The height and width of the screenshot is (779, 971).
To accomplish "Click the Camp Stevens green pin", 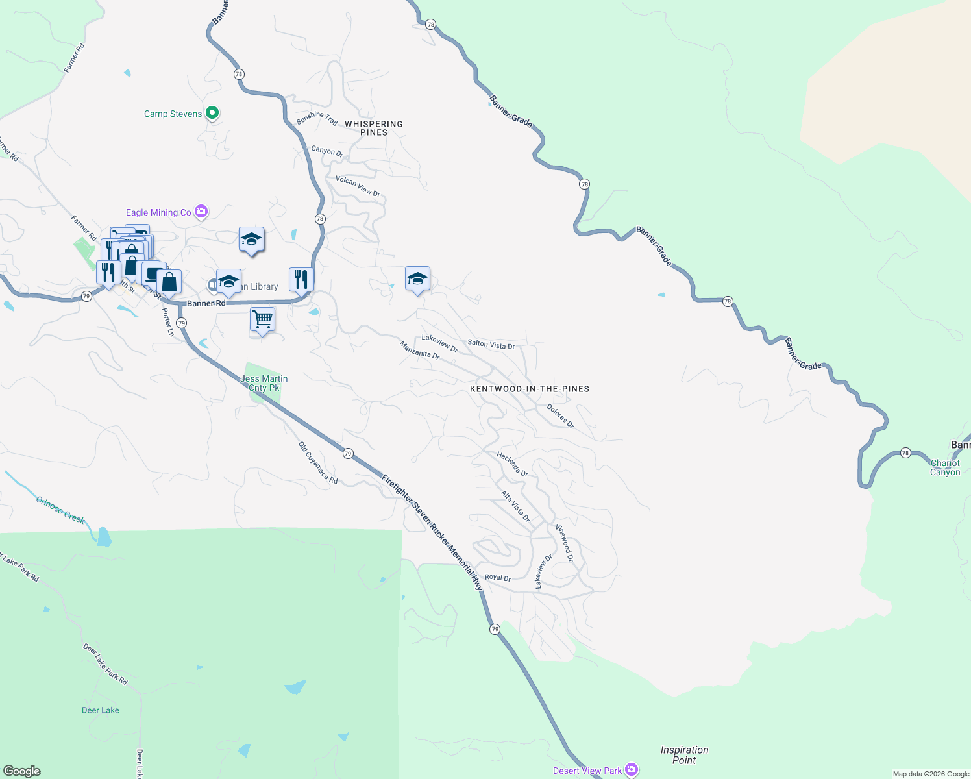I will (x=212, y=113).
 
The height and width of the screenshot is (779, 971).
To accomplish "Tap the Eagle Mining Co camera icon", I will (x=201, y=211).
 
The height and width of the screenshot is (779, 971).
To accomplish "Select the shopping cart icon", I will (x=262, y=319).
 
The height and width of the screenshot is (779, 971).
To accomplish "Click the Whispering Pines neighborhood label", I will (x=374, y=128).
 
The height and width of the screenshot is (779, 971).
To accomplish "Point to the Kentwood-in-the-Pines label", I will (x=530, y=389).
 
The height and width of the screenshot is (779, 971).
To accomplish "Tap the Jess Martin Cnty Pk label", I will (x=264, y=383).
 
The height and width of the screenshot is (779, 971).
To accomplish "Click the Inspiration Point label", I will (x=684, y=755).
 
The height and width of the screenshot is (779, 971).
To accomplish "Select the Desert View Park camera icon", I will (x=631, y=770).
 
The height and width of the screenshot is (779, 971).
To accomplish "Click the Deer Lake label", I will (x=101, y=710).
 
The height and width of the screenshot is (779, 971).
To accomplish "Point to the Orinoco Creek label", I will (x=60, y=510).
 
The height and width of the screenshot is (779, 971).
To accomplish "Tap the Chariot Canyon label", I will (x=945, y=467).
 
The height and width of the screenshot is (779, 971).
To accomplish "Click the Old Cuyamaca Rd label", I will (x=318, y=462).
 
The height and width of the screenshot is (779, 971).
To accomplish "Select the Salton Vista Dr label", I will (x=491, y=345).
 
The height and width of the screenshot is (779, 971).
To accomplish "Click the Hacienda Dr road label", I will (x=512, y=464).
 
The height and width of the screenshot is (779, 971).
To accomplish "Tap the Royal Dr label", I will (x=498, y=578).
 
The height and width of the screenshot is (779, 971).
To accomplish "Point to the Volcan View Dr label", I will (x=358, y=186).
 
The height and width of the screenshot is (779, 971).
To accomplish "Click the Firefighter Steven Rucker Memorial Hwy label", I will (x=432, y=532).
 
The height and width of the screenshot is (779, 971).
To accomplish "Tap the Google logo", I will (x=22, y=771).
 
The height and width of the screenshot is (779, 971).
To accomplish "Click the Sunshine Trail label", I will (x=317, y=118).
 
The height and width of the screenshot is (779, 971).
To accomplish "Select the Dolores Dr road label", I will (x=560, y=416).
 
